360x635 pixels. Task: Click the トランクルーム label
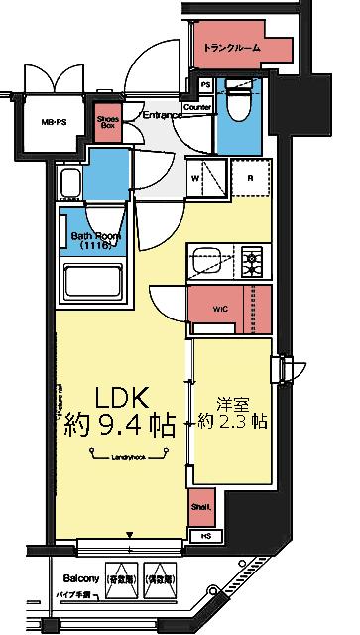pos(232,47)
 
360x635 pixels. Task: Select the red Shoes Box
pos(108,123)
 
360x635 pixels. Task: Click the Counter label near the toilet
pos(198,107)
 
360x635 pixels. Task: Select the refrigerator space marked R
pos(251,179)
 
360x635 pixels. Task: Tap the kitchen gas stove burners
pos(253,262)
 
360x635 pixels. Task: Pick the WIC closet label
pos(220,309)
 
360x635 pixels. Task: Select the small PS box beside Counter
pos(204,85)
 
